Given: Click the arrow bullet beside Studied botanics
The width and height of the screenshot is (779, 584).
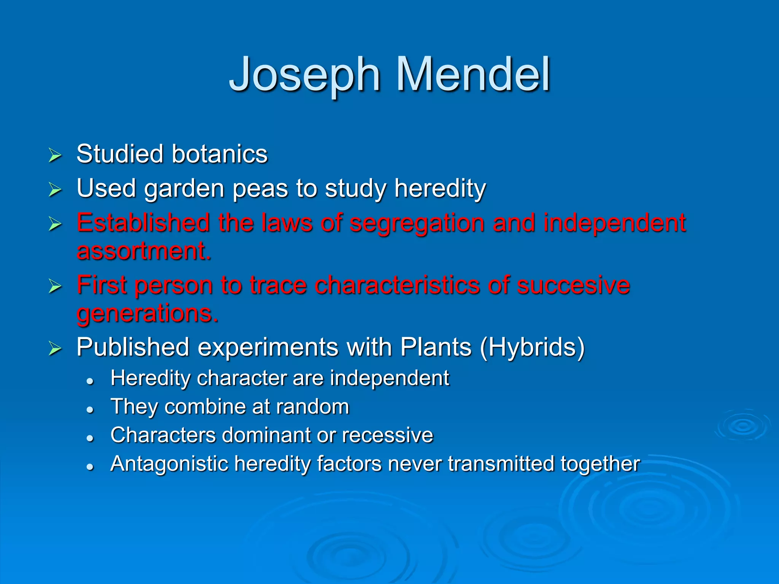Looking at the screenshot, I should [x=55, y=156].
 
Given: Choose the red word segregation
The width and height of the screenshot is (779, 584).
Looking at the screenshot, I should [x=417, y=223].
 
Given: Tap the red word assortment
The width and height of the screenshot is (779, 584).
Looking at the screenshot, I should [x=143, y=251].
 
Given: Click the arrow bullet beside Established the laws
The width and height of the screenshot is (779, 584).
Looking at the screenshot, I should [x=55, y=224].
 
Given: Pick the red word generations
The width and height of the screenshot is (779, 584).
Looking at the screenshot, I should [x=147, y=314].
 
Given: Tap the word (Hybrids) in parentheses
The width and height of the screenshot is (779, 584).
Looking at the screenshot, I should [x=532, y=347].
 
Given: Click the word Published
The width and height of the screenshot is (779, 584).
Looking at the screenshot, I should [x=133, y=347].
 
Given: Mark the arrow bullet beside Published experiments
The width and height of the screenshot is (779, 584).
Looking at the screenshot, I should [x=55, y=348].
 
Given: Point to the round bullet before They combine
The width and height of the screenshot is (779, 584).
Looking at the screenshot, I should [x=90, y=409].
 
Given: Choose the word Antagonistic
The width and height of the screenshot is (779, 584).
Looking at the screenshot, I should [x=169, y=464].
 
